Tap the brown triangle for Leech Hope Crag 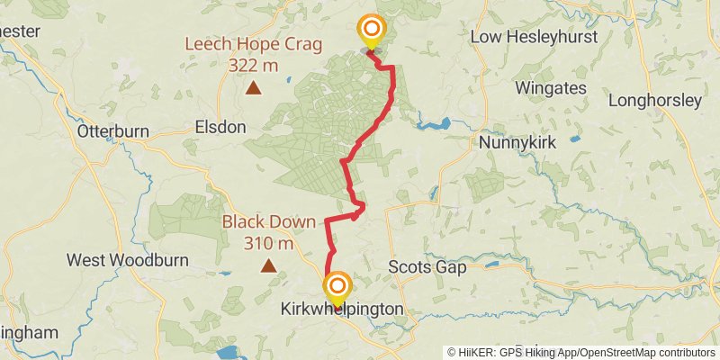point(254,88)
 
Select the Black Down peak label point(269,222)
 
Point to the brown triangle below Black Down point(268,265)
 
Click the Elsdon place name point(220,128)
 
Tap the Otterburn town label point(112,130)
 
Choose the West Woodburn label point(128,261)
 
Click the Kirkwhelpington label point(341,310)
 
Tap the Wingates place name point(551,88)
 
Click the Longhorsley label point(654,101)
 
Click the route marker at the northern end point(370,30)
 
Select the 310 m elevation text point(268,243)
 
